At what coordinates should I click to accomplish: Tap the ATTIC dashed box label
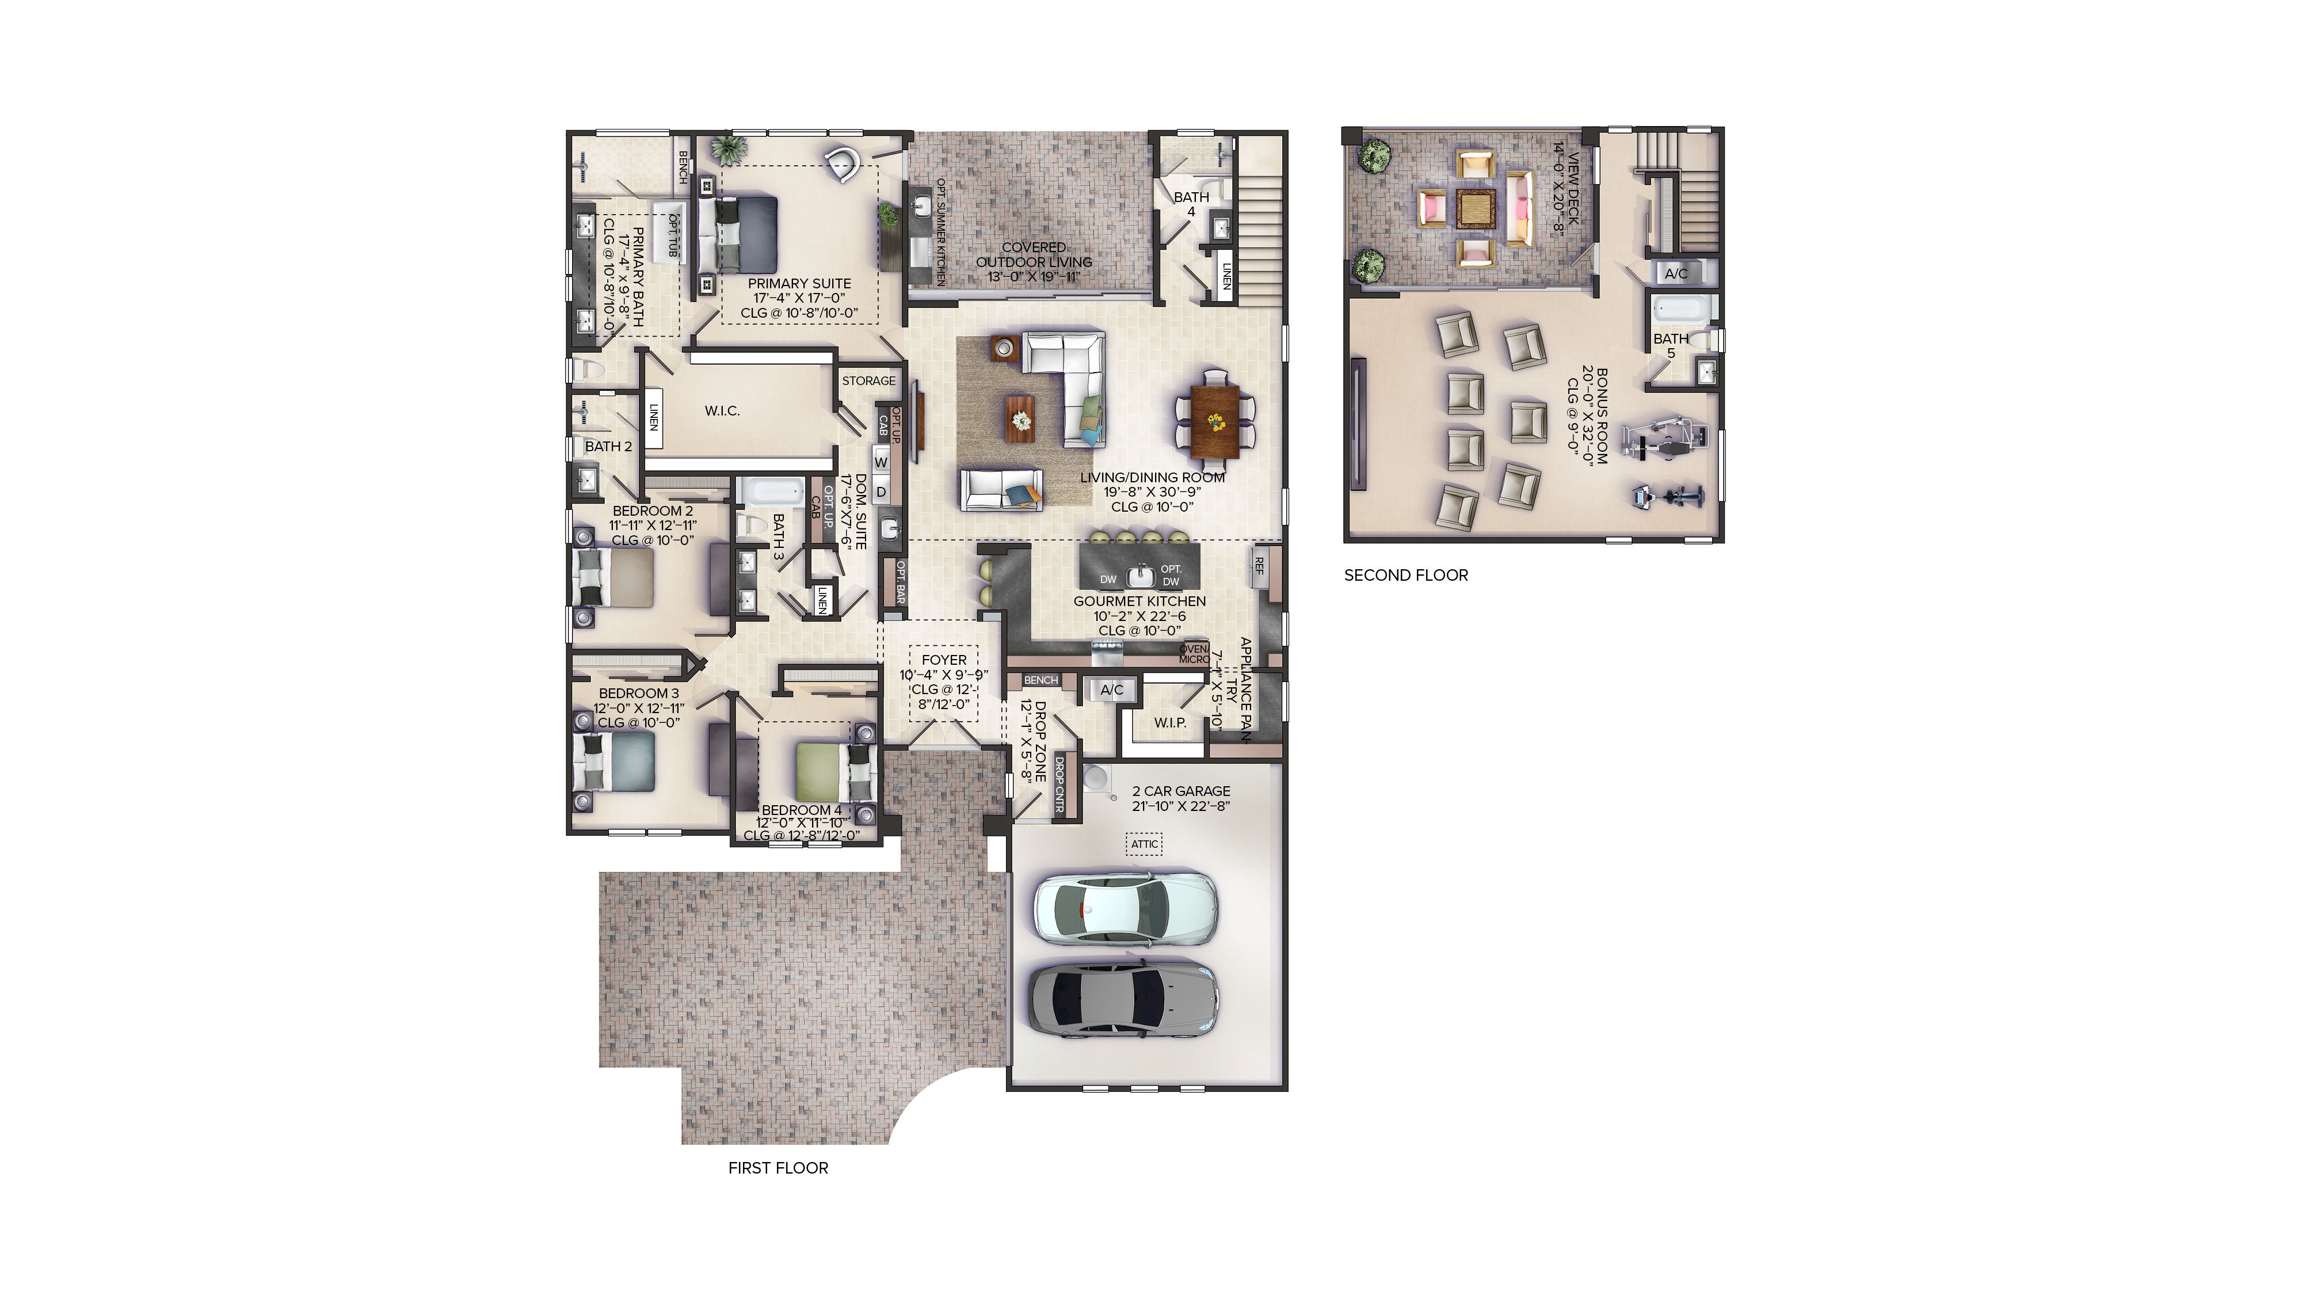click(x=1144, y=844)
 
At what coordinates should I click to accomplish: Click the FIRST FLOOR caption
click(x=778, y=1168)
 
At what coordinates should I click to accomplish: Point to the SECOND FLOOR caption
click(x=1406, y=576)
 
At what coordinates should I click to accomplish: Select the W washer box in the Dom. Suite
click(x=881, y=462)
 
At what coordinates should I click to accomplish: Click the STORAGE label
click(x=868, y=380)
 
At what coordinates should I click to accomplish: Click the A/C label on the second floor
click(x=1676, y=273)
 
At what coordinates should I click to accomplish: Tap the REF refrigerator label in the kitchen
click(x=1259, y=566)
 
